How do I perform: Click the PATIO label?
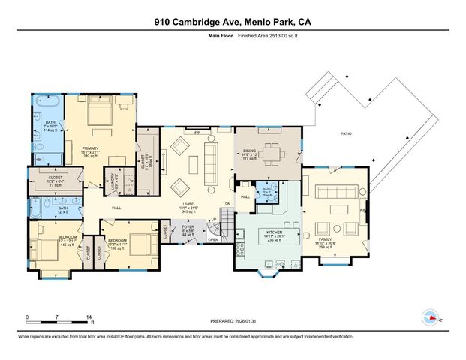(346, 134)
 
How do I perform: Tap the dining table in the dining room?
(271, 154)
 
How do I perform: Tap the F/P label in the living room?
(197, 133)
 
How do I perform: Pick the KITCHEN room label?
(269, 233)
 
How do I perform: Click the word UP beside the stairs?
(214, 219)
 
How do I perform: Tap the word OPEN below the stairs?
(212, 240)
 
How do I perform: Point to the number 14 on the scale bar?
(89, 317)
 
